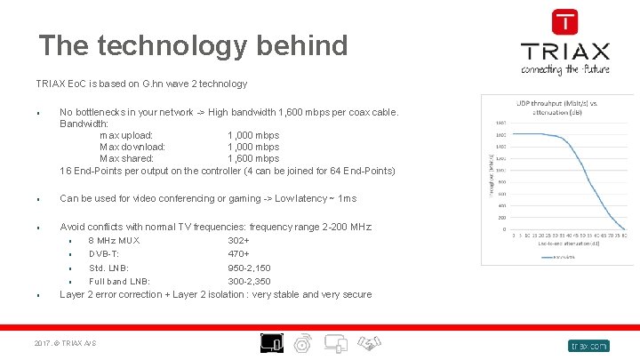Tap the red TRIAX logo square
tap(564, 22)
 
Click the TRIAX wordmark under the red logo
tap(564, 51)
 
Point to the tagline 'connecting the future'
tap(564, 68)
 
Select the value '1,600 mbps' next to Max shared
tap(253, 158)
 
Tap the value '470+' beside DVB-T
tap(238, 253)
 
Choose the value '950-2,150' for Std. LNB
tap(249, 268)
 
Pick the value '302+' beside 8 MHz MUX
tap(238, 240)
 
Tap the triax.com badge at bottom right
tap(588, 345)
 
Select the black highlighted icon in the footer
tap(271, 342)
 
